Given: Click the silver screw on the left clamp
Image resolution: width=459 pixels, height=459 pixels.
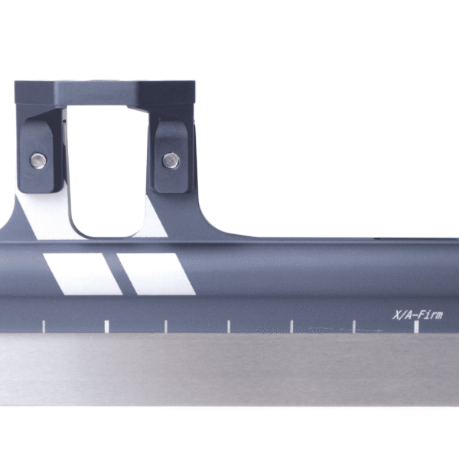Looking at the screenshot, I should point(37,159).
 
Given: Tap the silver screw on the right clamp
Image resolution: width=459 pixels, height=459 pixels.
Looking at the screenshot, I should point(171,160).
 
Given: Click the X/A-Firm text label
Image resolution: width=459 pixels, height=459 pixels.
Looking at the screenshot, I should point(417,314).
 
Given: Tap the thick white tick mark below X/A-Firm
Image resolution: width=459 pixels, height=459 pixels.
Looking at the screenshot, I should point(416,327).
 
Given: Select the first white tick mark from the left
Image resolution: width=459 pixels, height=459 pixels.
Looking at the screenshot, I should point(44,327).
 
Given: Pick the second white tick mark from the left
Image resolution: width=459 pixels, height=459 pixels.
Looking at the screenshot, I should point(106,327).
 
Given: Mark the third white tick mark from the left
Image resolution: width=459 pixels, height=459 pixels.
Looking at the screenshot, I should point(165,327).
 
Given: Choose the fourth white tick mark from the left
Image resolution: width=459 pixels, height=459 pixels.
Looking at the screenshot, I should point(228,327).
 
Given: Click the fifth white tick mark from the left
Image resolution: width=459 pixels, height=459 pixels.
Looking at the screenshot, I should point(291,327).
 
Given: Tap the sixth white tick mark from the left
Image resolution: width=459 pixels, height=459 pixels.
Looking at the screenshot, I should point(353,327).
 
